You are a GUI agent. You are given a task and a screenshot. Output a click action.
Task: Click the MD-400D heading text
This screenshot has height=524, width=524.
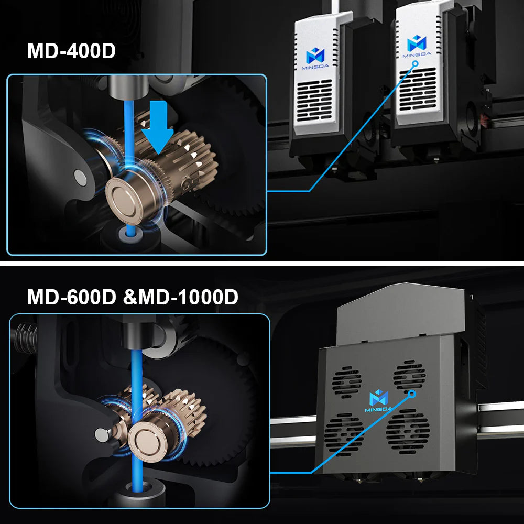tap(71, 52)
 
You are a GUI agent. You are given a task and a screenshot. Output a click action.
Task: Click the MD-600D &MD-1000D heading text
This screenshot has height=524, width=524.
tap(132, 297)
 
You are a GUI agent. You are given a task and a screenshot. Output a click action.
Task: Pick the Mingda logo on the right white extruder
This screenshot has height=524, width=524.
tap(416, 44)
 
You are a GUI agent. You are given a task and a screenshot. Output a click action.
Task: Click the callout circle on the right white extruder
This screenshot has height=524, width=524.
tap(416, 64)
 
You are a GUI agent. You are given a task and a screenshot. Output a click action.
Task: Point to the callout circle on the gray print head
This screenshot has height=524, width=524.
tap(412, 393)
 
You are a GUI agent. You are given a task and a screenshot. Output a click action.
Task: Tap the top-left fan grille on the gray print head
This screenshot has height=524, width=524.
tap(346, 382)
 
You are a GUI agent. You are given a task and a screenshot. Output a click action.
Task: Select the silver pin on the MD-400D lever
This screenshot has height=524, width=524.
tap(80, 176)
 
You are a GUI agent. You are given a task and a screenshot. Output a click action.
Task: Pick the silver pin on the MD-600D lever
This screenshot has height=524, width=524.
tap(100, 433)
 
